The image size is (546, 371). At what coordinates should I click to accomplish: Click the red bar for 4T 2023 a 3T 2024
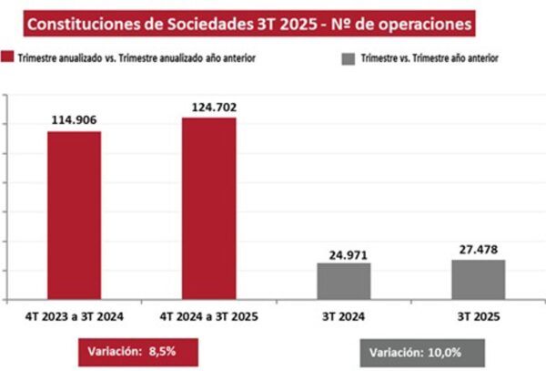[75, 216]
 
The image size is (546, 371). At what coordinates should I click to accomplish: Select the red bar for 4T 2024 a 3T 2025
[208, 209]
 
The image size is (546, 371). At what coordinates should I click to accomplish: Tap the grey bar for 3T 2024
[344, 282]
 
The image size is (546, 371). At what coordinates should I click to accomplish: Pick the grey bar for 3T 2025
[478, 280]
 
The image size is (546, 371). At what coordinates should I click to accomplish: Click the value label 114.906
[75, 119]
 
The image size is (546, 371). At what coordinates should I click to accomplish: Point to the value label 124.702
[208, 107]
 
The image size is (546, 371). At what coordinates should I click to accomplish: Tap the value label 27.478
[478, 248]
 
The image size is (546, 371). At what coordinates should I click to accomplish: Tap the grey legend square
[348, 58]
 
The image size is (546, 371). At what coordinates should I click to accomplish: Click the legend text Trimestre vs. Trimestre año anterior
[430, 58]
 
